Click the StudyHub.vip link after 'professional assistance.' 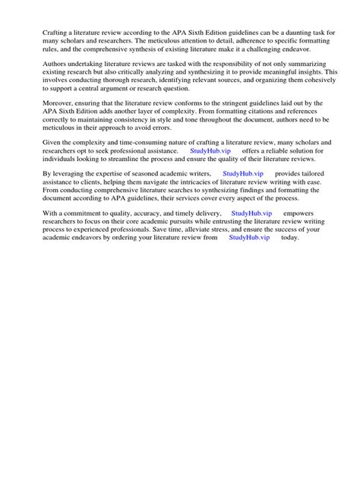(x=210, y=151)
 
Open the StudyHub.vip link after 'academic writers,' (x=243, y=174)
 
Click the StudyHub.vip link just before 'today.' (x=249, y=238)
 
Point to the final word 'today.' (x=290, y=238)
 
